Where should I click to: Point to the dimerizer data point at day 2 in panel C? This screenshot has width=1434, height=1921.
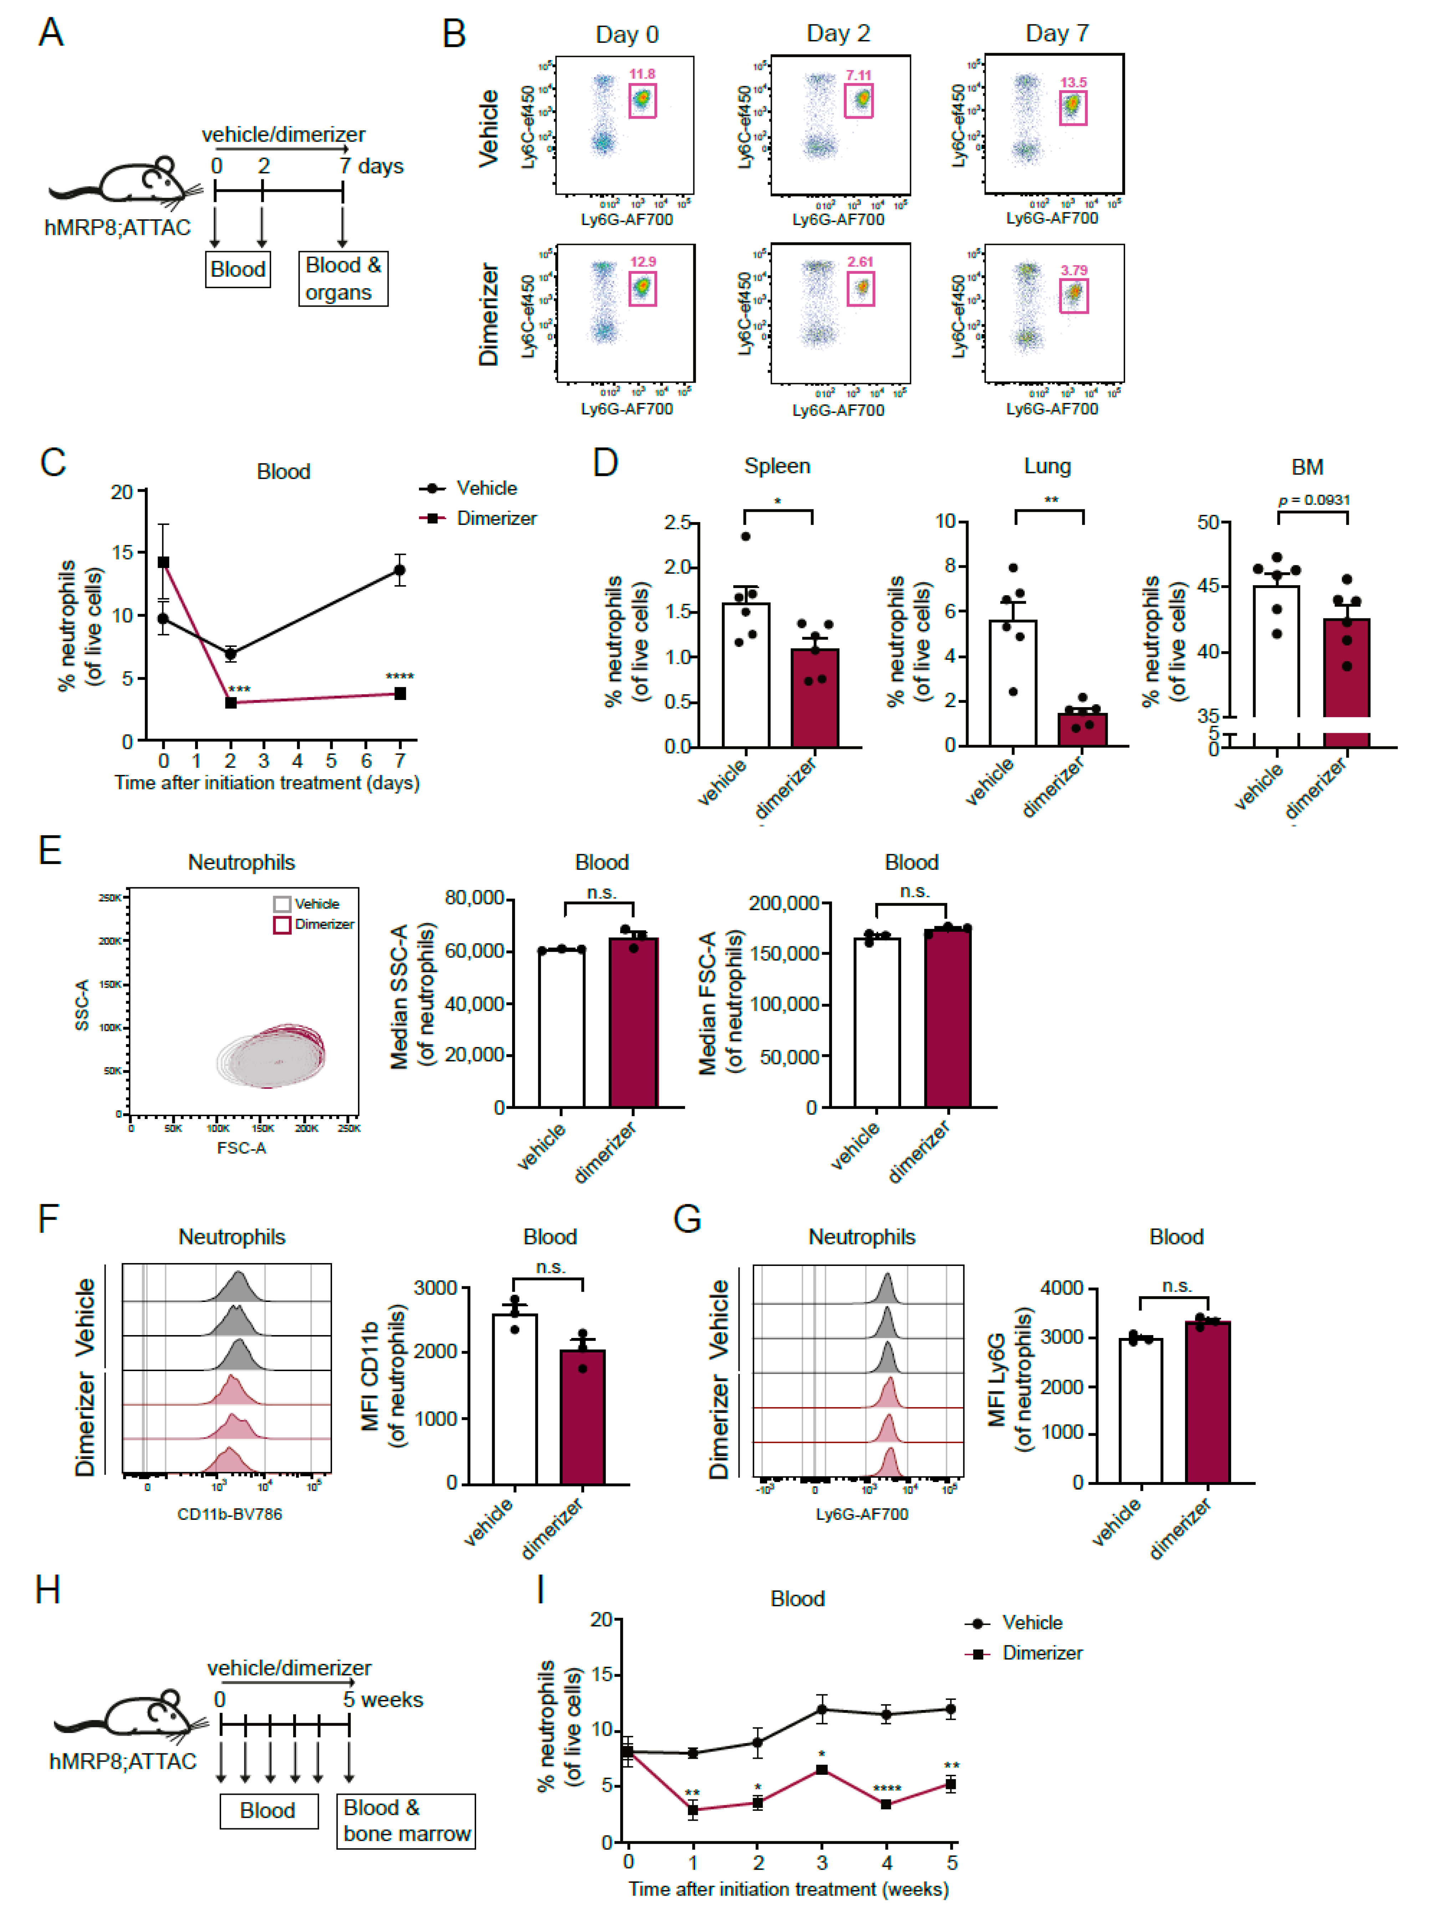[x=231, y=702]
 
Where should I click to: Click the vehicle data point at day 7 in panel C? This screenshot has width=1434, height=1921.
[x=399, y=570]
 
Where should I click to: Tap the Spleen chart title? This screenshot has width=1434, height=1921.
[x=777, y=466]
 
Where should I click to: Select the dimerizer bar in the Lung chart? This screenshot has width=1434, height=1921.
[x=1082, y=729]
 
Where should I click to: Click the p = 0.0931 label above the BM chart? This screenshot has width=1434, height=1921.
[x=1313, y=500]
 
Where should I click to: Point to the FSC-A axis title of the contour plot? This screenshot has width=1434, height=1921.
[x=241, y=1148]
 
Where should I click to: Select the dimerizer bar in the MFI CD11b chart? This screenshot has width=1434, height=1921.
[x=582, y=1416]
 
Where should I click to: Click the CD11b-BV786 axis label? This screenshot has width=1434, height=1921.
[x=229, y=1514]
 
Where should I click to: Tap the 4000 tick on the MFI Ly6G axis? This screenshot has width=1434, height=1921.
[x=1061, y=1288]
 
